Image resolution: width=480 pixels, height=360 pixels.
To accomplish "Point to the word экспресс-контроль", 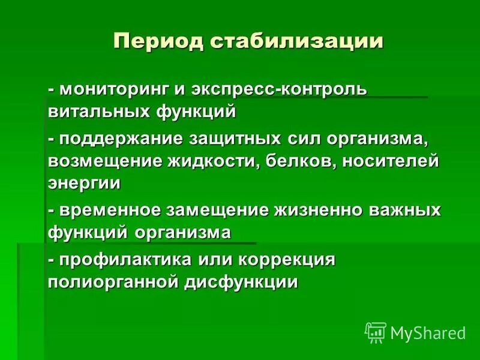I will (279, 89).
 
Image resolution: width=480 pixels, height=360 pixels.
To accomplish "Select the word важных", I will (411, 210).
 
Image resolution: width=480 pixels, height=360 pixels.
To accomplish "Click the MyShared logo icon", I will (376, 332).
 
